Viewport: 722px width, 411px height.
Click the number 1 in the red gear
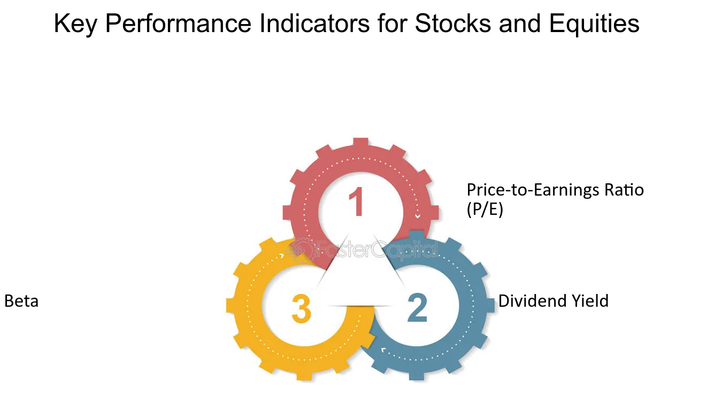click(357, 201)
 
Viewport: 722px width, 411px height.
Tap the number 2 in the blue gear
click(417, 307)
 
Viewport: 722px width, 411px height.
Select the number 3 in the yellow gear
click(302, 308)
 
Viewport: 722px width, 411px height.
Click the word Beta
click(21, 301)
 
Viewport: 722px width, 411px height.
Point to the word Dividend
click(532, 301)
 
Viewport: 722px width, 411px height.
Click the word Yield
click(590, 301)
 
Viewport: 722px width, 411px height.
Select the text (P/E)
click(485, 210)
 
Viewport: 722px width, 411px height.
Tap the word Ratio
click(624, 190)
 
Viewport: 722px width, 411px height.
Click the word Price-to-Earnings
click(533, 190)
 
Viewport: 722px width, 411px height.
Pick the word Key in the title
click(75, 24)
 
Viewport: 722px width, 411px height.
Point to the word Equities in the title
click(594, 24)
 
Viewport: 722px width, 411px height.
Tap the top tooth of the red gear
click(360, 143)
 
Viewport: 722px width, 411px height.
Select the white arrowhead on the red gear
click(417, 216)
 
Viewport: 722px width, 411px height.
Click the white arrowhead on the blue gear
click(383, 350)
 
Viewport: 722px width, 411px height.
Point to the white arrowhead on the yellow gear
click(281, 256)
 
